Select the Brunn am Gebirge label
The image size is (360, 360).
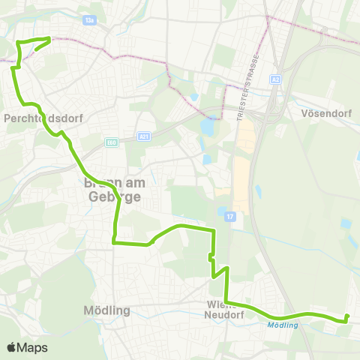[x=112, y=188]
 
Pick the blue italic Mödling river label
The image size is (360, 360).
[x=282, y=325]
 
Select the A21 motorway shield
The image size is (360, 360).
[x=145, y=136]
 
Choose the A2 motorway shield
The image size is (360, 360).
[x=276, y=79]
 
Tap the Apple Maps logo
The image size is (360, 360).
[x=27, y=347]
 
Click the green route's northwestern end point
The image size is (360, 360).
[x=49, y=38]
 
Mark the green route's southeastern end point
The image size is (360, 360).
[x=347, y=317]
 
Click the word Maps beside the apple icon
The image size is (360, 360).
[x=33, y=347]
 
